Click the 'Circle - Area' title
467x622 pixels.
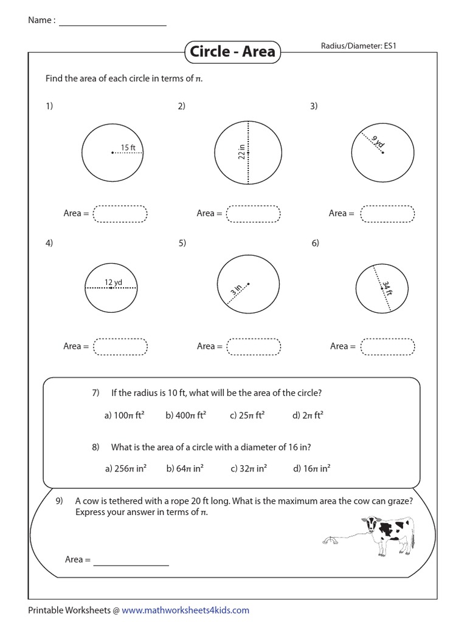tap(232, 52)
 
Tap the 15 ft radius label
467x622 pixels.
tap(128, 147)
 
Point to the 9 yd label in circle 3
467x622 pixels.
tap(378, 142)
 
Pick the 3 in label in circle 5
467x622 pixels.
tap(237, 290)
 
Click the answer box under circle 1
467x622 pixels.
tap(120, 214)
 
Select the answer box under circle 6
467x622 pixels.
tap(387, 346)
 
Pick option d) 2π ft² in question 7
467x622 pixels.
tap(308, 416)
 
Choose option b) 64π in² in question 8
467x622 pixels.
tap(184, 468)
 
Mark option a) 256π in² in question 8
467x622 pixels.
tap(126, 468)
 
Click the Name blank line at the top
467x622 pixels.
tap(112, 25)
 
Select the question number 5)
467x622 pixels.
tap(182, 244)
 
